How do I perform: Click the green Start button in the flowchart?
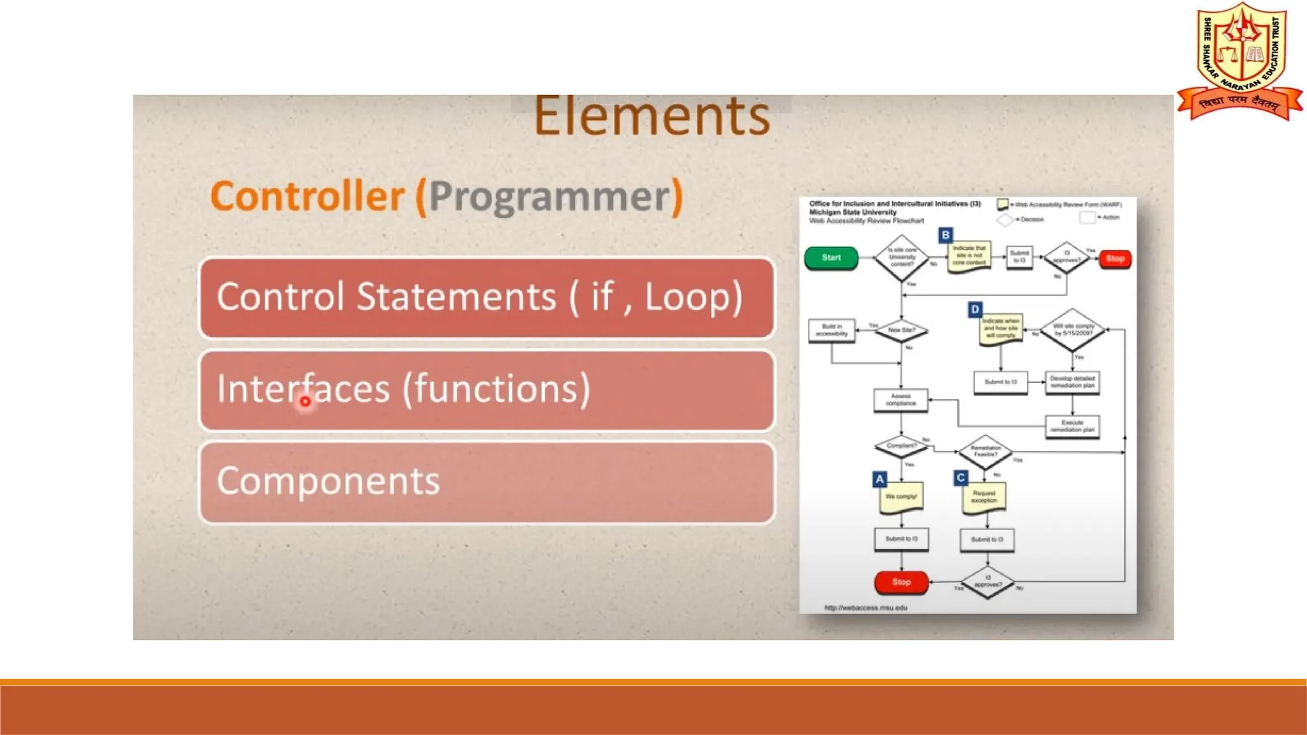(x=831, y=258)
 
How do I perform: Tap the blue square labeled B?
(x=945, y=235)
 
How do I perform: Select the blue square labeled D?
(x=975, y=309)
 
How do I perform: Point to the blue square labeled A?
(x=879, y=479)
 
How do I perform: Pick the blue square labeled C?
(x=960, y=477)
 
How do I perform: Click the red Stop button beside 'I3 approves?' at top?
(x=1115, y=258)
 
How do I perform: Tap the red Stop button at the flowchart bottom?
(x=901, y=582)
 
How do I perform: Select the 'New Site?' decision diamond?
(x=901, y=330)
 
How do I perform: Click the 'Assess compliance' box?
(x=900, y=400)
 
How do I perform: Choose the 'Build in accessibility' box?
(x=832, y=330)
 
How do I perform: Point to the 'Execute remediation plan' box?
(x=1072, y=426)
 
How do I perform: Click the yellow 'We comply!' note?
(x=900, y=497)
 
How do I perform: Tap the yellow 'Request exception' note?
(x=983, y=497)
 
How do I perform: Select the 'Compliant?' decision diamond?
(x=901, y=446)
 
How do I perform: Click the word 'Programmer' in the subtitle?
(x=549, y=197)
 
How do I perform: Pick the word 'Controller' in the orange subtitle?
(x=307, y=197)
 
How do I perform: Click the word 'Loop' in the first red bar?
(x=694, y=297)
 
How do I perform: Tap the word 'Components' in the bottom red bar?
(x=328, y=481)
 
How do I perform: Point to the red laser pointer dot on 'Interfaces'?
(x=305, y=401)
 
